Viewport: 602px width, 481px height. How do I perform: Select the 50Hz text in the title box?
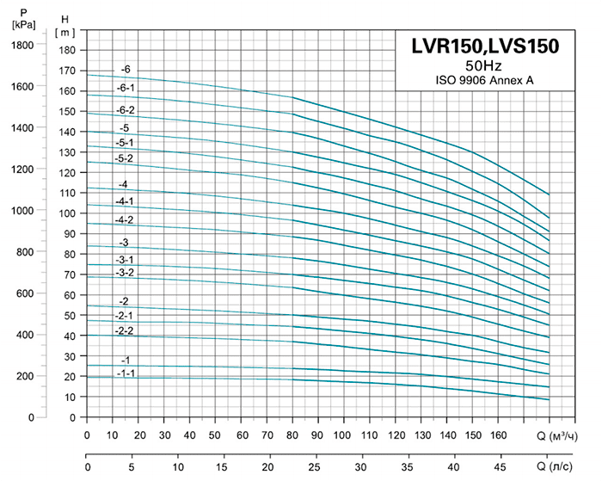click(485, 66)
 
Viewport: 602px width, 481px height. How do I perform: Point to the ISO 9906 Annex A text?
click(485, 81)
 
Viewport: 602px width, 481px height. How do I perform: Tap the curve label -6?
click(126, 69)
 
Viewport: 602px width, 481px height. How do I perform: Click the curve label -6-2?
click(126, 109)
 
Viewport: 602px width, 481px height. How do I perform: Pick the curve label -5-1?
click(125, 142)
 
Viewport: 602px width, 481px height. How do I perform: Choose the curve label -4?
click(124, 184)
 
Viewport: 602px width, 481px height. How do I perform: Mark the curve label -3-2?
click(125, 272)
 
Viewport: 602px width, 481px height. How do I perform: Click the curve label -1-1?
click(126, 373)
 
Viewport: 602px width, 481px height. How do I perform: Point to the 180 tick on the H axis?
click(69, 50)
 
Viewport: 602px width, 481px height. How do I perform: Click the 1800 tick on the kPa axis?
click(22, 45)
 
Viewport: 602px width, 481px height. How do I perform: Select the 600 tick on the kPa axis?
click(26, 293)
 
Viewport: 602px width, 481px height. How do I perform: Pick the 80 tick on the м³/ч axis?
click(292, 435)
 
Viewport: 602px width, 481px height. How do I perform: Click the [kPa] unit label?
click(23, 25)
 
